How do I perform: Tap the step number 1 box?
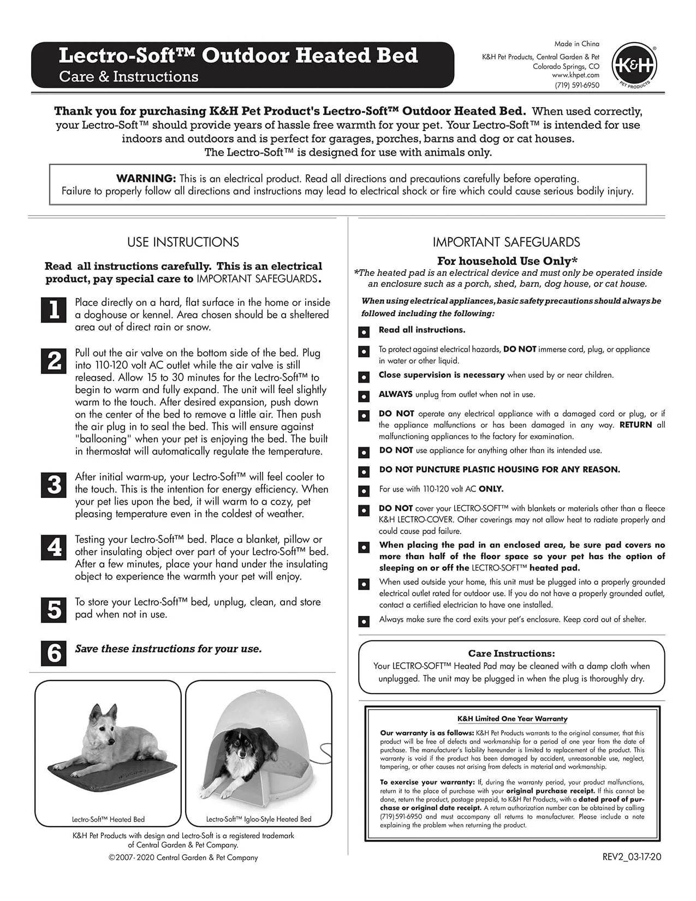(x=53, y=310)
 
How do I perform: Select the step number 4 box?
(x=53, y=547)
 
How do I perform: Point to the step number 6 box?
(x=53, y=653)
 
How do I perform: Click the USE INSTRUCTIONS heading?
(x=183, y=242)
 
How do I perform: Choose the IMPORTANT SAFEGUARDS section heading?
(x=506, y=242)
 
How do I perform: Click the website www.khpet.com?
(x=575, y=75)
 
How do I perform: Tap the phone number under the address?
(x=576, y=85)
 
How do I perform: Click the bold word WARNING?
(x=146, y=179)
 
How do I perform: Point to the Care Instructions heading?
(x=511, y=653)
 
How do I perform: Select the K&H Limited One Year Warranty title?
(x=512, y=719)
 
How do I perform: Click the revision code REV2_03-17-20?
(x=632, y=857)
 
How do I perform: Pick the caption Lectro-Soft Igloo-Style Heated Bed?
(x=259, y=819)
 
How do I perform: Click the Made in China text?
(x=576, y=44)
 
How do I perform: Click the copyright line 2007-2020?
(x=183, y=857)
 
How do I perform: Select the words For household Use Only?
(x=507, y=261)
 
